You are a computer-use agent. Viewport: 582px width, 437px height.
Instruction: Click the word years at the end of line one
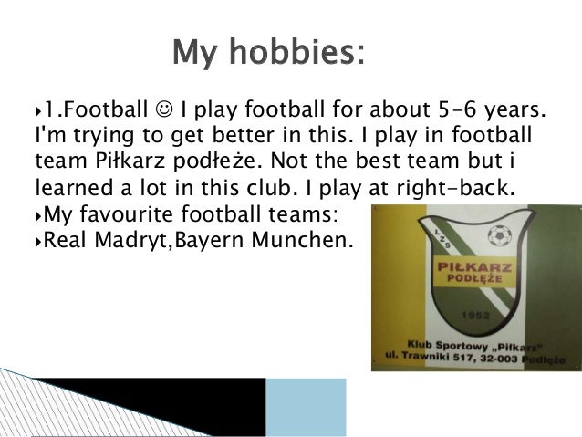[514, 112]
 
